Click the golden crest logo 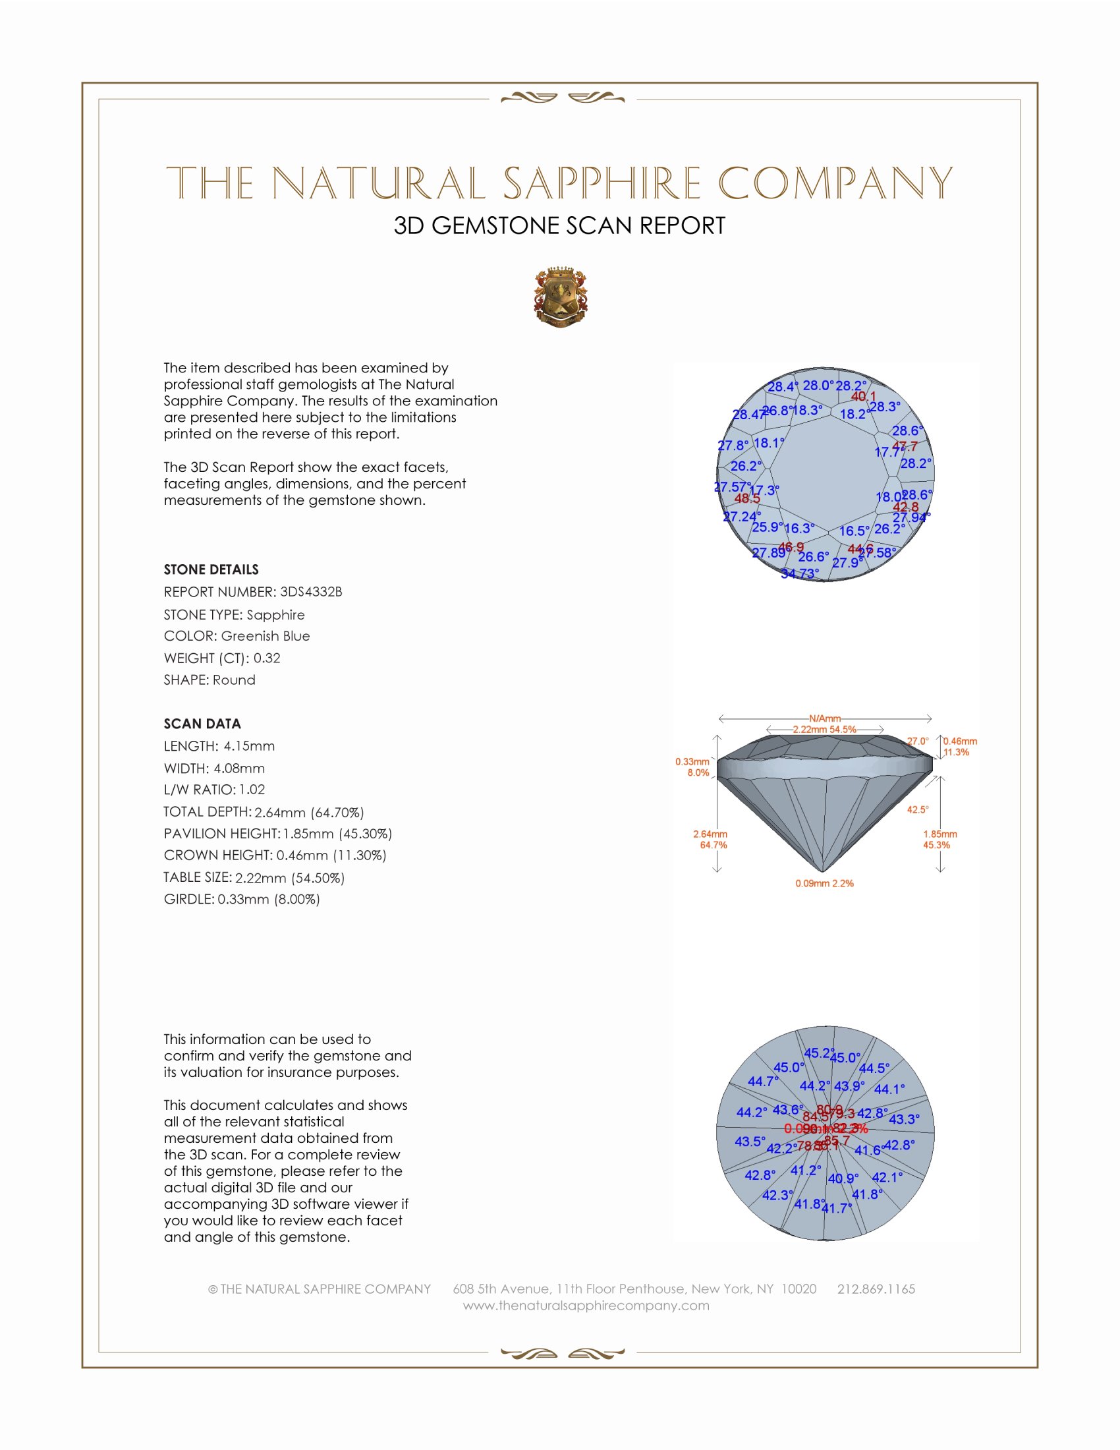[x=561, y=297]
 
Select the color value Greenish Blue [x=266, y=636]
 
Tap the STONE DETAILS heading [x=211, y=569]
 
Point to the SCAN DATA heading [x=202, y=724]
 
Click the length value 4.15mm [x=249, y=746]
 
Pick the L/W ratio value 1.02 [x=252, y=790]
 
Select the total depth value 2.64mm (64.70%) [x=309, y=812]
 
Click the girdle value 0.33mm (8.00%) [x=269, y=900]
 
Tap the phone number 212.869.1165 [x=876, y=1289]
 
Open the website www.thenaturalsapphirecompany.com [x=586, y=1305]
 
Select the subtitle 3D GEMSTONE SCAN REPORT [x=559, y=225]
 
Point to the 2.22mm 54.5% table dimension [x=824, y=729]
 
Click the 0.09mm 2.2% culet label [x=824, y=884]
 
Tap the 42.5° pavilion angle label [x=918, y=809]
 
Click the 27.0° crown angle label [x=918, y=741]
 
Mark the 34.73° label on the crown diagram [x=800, y=573]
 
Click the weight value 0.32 [x=267, y=658]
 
